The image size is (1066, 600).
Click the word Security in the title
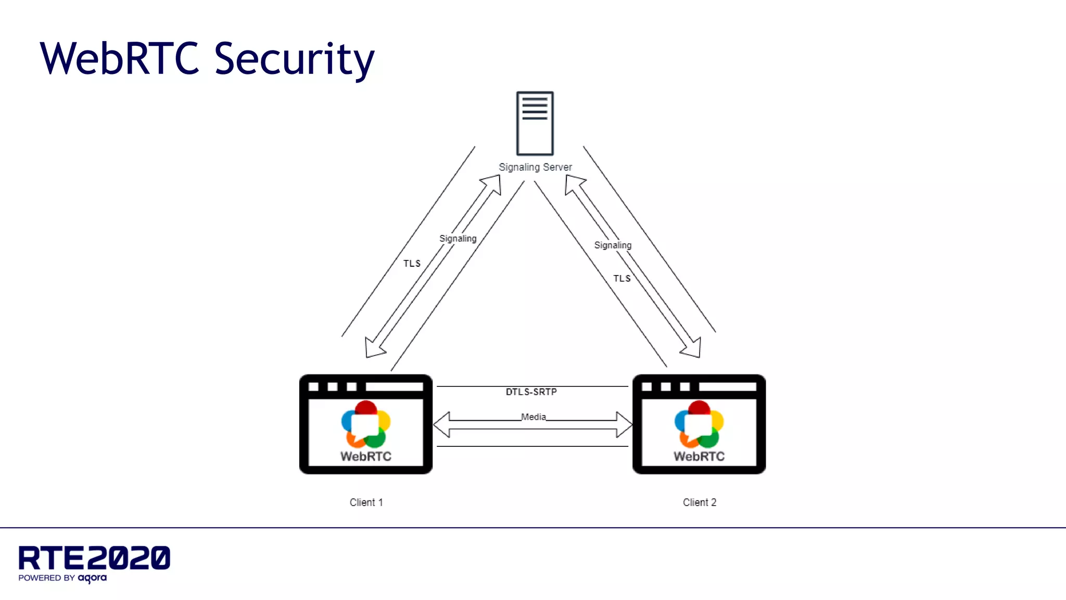click(x=294, y=58)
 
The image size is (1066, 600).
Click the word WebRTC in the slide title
click(x=120, y=58)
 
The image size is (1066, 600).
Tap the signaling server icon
click(x=535, y=123)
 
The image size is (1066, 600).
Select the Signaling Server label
click(x=535, y=167)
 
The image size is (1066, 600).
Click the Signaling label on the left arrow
click(x=458, y=239)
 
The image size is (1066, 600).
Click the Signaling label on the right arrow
click(x=613, y=245)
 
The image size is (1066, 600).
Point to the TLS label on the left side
click(x=412, y=264)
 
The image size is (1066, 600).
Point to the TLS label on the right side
click(x=621, y=279)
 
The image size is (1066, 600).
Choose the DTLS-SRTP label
click(x=531, y=392)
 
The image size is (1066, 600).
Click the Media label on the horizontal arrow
click(x=534, y=417)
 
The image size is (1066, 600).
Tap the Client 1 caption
click(x=366, y=502)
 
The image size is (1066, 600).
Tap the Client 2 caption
click(x=699, y=502)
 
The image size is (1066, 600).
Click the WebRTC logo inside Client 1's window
click(x=366, y=430)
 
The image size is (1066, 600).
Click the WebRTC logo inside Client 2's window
click(x=699, y=430)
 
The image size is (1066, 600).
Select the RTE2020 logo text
click(x=94, y=558)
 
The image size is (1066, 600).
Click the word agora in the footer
click(x=92, y=578)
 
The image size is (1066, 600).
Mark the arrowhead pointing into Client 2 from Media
click(x=624, y=424)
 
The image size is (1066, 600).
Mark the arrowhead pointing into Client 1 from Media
click(x=442, y=424)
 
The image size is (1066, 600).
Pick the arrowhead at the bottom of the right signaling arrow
click(x=693, y=349)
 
